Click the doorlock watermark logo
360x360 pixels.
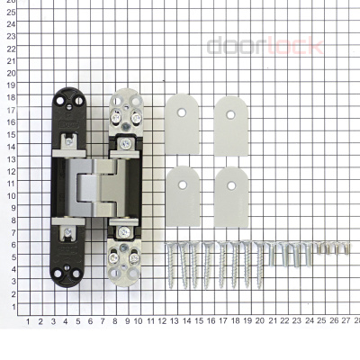[x=265, y=45]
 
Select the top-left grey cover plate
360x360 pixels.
[x=185, y=115]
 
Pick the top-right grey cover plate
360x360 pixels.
[x=231, y=115]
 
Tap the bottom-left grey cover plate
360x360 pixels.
[x=185, y=185]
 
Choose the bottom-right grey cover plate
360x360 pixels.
[x=231, y=185]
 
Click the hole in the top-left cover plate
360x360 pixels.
[x=185, y=113]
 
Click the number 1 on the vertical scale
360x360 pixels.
[x=11, y=306]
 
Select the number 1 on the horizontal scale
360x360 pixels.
[x=29, y=320]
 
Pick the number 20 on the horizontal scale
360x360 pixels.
[x=260, y=320]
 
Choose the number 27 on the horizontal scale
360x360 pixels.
[x=346, y=320]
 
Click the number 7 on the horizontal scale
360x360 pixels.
[x=102, y=320]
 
